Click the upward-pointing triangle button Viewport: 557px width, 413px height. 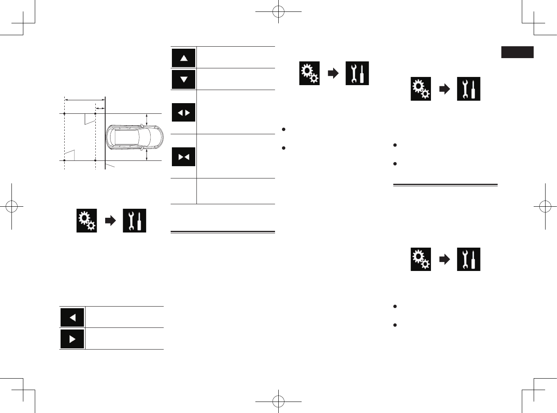(184, 58)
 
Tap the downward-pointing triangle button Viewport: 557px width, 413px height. (184, 79)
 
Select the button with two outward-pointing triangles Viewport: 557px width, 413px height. (184, 113)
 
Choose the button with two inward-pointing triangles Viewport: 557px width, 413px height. (184, 157)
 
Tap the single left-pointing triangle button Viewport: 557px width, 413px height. (72, 318)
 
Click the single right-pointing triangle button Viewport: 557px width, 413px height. (72, 339)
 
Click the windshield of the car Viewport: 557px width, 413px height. (143, 137)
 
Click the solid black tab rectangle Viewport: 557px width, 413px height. (517, 52)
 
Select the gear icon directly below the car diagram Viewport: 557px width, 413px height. (87, 221)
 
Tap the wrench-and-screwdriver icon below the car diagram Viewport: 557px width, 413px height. (135, 221)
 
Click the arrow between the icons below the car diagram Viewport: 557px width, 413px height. (110, 221)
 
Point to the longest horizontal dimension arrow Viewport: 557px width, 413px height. (85, 99)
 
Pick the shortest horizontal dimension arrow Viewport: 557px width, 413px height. (100, 108)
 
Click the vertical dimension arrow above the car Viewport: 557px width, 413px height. (147, 120)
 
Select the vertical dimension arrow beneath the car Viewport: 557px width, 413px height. (147, 155)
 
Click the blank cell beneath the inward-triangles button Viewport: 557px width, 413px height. (183, 191)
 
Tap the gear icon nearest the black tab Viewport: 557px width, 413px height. (421, 89)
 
